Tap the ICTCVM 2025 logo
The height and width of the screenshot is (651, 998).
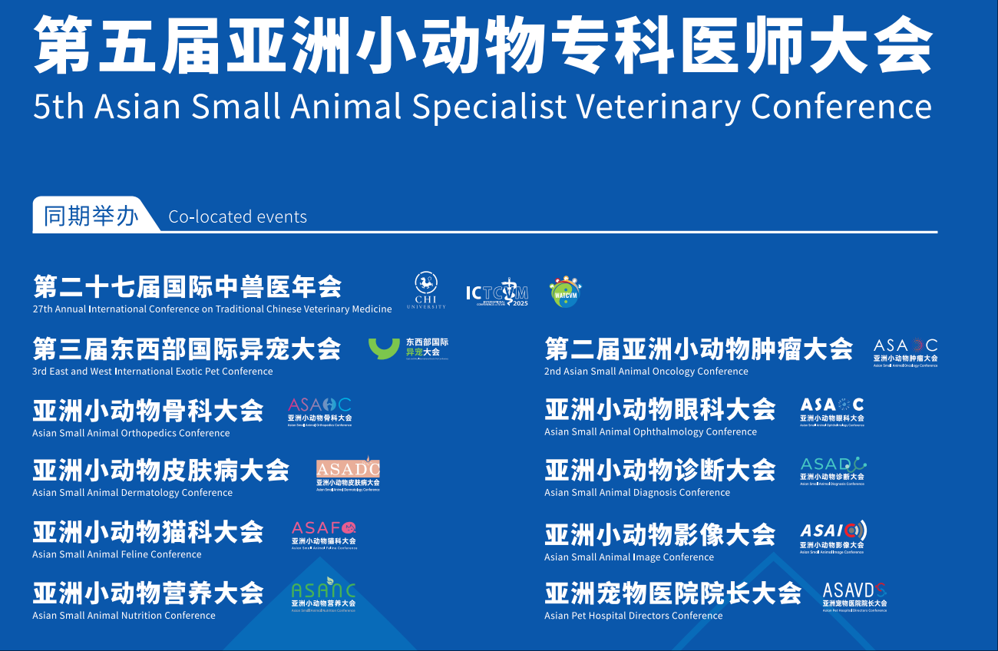[497, 292]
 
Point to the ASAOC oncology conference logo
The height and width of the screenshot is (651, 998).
[905, 352]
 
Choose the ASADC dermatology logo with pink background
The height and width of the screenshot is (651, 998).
[348, 473]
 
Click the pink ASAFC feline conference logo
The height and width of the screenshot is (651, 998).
[324, 534]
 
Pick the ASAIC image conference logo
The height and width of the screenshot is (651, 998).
[833, 536]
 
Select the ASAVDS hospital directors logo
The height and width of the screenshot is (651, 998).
[854, 595]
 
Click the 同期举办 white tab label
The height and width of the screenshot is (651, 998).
[91, 216]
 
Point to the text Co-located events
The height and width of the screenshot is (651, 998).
[237, 217]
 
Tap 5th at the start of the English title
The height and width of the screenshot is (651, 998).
[58, 107]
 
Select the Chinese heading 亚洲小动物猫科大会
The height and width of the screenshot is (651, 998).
[147, 532]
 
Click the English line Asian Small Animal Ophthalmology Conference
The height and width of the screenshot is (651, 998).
[650, 432]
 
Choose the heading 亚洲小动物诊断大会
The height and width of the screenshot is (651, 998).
[659, 470]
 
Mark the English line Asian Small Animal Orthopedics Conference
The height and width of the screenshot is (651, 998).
[131, 433]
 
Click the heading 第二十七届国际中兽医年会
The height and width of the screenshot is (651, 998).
[187, 287]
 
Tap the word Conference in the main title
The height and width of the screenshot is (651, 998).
[841, 107]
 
